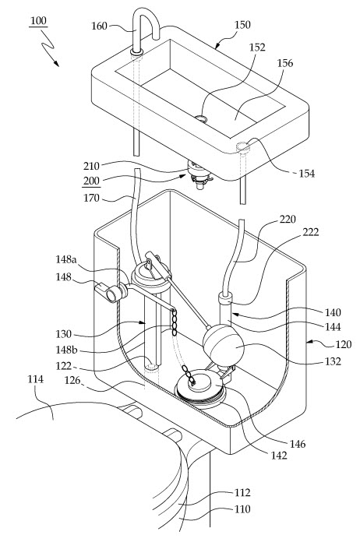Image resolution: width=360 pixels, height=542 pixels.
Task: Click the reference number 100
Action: [38, 21]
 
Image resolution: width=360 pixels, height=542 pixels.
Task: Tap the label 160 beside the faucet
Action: [99, 26]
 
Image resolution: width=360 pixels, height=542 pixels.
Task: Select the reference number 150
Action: [242, 25]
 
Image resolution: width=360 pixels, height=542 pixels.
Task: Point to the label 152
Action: [257, 48]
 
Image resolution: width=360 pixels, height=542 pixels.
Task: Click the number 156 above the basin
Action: [285, 63]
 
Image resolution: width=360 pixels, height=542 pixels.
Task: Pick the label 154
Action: [307, 174]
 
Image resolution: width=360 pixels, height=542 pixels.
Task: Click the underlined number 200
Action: [91, 181]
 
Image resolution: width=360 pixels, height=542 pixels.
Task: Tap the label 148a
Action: [66, 259]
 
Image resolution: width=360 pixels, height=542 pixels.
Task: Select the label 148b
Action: [66, 350]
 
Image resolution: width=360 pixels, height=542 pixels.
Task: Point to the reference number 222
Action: [311, 232]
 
